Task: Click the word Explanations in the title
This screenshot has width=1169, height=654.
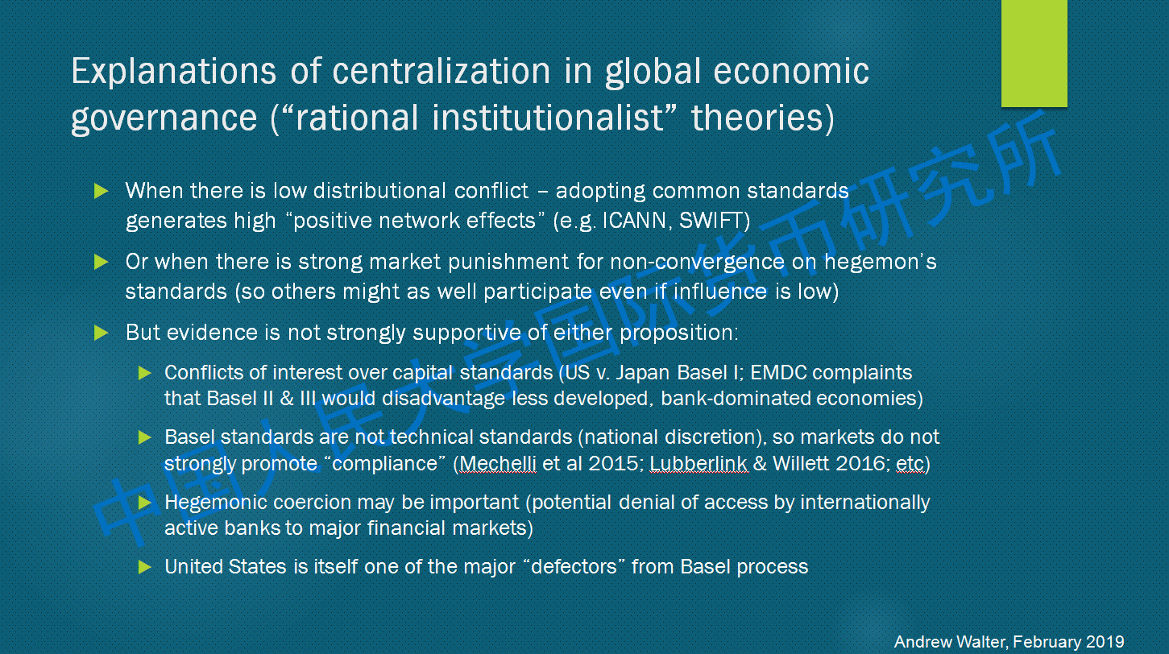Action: tap(174, 72)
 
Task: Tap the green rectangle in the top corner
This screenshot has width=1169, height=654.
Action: tap(1034, 53)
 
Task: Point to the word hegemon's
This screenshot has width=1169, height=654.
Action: tap(881, 261)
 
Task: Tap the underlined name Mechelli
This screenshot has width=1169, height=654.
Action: tap(497, 464)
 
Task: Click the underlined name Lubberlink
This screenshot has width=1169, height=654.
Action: tap(698, 464)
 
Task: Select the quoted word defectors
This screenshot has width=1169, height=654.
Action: tap(574, 567)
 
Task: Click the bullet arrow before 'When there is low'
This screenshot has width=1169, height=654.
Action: tap(101, 191)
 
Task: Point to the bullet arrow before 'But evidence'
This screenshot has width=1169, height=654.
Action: tap(101, 333)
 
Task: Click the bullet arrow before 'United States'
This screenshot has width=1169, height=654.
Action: tap(144, 567)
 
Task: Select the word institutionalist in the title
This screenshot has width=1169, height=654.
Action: tap(548, 118)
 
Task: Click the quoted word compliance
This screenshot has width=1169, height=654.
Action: tap(384, 464)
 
